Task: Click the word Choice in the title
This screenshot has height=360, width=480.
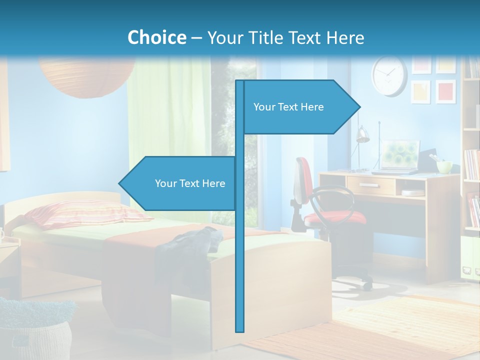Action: (156, 37)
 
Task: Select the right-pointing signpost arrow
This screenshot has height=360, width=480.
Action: (300, 107)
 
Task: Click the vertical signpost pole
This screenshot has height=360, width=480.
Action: (240, 250)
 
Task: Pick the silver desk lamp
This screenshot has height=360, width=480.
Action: (362, 135)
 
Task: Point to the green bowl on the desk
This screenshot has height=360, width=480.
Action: (444, 166)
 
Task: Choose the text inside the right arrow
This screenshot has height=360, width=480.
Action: (288, 107)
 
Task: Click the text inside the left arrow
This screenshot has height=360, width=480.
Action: (190, 183)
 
